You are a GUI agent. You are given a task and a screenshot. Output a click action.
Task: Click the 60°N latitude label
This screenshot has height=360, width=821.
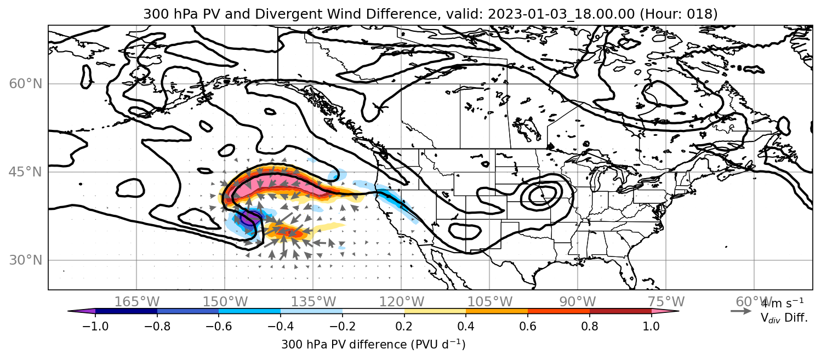(25, 84)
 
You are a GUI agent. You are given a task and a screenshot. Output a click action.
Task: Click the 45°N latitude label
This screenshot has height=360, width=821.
(25, 172)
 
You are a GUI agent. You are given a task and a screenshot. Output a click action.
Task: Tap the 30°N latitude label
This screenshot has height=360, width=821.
(25, 260)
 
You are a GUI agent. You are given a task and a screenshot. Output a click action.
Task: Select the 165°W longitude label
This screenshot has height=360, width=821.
(136, 302)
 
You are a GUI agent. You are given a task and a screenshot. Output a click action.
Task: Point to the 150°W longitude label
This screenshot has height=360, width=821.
(225, 302)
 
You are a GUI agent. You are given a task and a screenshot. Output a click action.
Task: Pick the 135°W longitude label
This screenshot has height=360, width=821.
(313, 302)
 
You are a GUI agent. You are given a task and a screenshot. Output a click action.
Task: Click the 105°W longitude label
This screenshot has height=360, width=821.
(489, 302)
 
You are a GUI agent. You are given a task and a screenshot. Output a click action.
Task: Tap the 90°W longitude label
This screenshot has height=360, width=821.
(578, 302)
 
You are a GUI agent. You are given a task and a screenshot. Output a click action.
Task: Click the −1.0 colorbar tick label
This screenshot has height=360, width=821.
(95, 326)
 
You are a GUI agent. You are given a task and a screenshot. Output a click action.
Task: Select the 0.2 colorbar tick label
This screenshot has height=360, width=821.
(404, 326)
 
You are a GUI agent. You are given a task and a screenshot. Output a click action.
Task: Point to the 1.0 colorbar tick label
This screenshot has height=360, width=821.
(651, 326)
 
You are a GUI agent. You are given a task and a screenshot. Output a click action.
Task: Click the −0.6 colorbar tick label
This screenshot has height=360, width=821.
(219, 326)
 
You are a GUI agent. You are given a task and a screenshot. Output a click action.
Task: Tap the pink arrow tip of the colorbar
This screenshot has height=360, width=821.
(665, 311)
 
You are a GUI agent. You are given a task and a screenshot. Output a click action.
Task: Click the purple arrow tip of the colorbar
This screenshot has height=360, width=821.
(81, 311)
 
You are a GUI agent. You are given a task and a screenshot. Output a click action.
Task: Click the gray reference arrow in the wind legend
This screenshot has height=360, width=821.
(741, 311)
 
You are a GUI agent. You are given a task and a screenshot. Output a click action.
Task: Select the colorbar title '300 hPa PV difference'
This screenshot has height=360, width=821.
(344, 345)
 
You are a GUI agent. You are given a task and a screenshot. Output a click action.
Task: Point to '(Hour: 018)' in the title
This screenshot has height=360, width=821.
(679, 14)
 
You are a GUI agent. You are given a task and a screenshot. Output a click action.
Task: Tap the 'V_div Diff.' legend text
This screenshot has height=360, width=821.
(784, 317)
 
